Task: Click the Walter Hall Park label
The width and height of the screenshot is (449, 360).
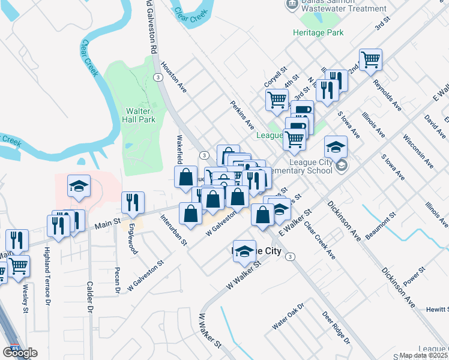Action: tap(140, 115)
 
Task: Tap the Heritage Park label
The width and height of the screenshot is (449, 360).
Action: tap(318, 32)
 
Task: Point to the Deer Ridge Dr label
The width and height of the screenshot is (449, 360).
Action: tap(336, 327)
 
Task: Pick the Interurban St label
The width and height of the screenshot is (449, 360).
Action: tap(174, 230)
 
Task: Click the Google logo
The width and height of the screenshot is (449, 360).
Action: tap(20, 353)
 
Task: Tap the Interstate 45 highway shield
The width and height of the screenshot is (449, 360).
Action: tap(13, 349)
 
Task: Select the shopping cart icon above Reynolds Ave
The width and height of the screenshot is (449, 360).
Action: tap(371, 60)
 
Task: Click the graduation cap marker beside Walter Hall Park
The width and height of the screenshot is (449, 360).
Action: tap(79, 187)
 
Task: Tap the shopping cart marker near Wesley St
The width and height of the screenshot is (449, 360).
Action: tap(18, 266)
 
